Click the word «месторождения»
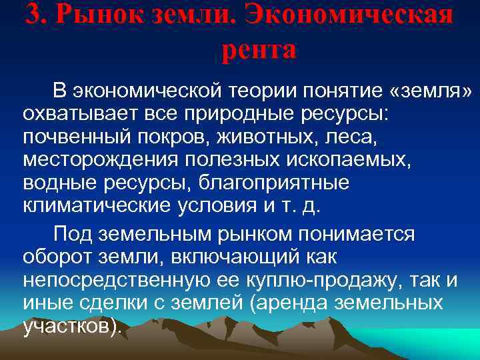coord(99,159)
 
